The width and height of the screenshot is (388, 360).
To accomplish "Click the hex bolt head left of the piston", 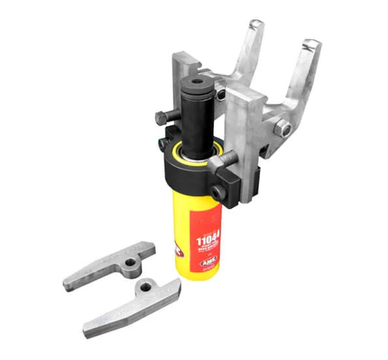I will point(161,119).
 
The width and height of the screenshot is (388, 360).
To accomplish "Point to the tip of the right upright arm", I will point(312,47).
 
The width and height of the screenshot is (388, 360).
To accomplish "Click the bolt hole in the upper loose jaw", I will point(131,262).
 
